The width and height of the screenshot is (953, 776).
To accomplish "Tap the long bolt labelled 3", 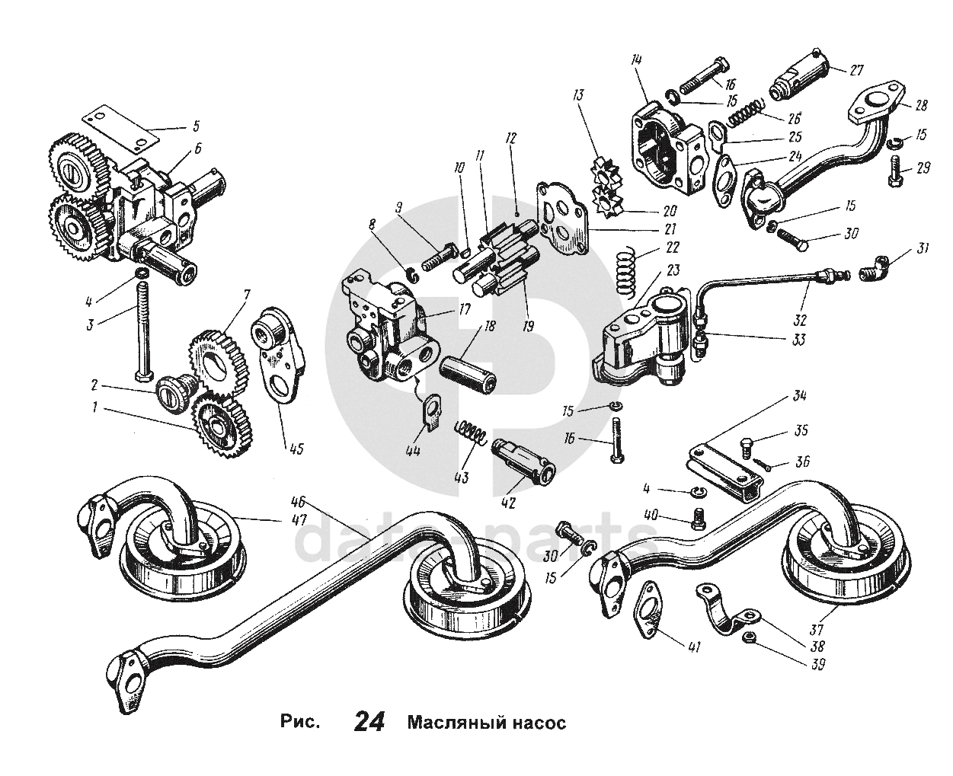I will pos(141,327).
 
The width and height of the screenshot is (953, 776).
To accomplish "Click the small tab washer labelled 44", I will pos(433,411).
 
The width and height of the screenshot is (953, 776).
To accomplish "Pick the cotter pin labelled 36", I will pos(763,462).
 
